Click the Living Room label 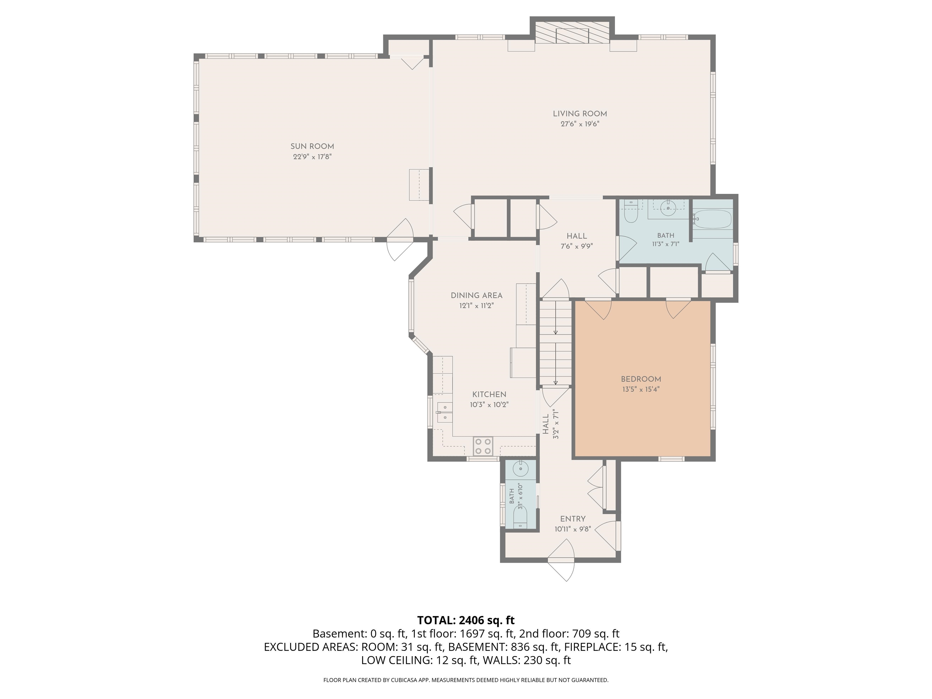(x=580, y=114)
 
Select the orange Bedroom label (x=641, y=379)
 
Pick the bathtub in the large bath (x=712, y=219)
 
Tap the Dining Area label (x=477, y=295)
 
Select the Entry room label (x=572, y=519)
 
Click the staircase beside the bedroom (x=555, y=342)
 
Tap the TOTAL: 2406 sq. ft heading (x=466, y=620)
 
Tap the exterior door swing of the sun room (x=400, y=239)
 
